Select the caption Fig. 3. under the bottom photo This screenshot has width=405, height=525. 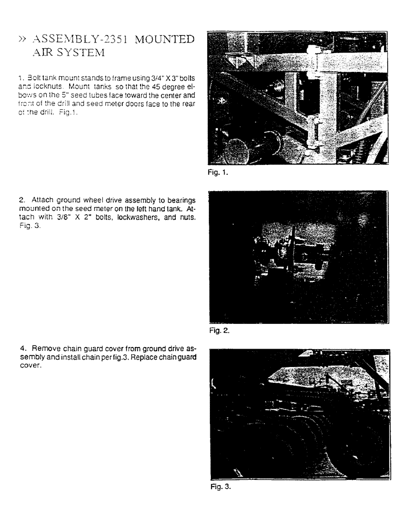point(219,486)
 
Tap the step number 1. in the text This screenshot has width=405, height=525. point(20,78)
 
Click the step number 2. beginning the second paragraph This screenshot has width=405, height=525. point(22,199)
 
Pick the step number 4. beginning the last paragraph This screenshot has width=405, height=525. point(22,348)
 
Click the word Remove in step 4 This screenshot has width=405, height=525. point(44,348)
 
